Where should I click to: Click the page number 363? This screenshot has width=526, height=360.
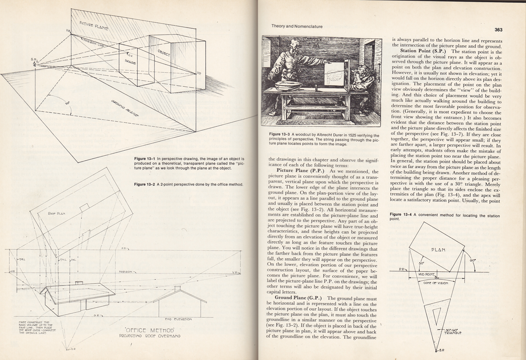[x=498, y=30]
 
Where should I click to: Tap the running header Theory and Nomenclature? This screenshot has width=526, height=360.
[x=297, y=26]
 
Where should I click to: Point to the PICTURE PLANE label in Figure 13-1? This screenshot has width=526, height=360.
[x=94, y=25]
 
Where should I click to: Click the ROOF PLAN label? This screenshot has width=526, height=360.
[x=57, y=214]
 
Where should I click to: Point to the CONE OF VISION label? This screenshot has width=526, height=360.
[x=436, y=283]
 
